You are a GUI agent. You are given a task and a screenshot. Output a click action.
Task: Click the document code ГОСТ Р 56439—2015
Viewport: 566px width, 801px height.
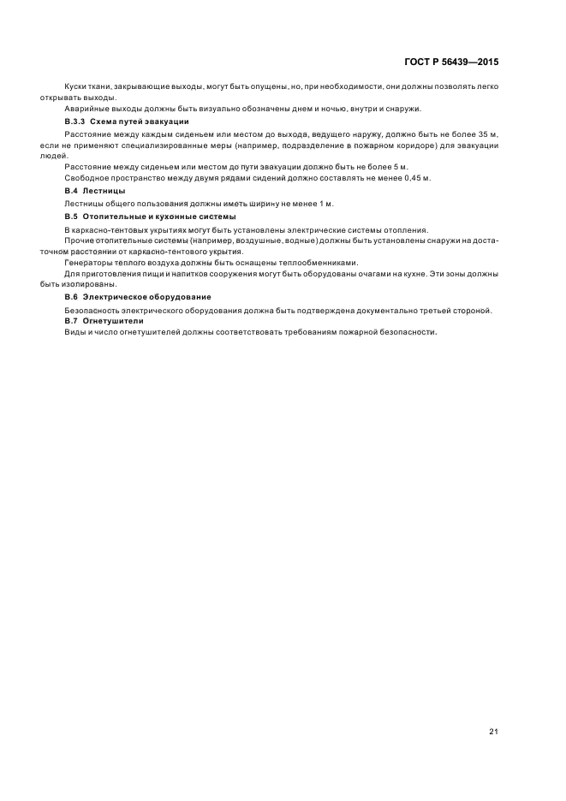[x=451, y=62]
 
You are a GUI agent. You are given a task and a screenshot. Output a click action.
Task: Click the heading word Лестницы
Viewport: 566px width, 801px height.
[x=108, y=191]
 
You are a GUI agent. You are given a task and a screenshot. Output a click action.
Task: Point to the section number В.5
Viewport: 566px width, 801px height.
[x=71, y=217]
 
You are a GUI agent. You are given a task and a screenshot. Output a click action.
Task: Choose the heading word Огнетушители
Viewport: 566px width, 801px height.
[x=116, y=320]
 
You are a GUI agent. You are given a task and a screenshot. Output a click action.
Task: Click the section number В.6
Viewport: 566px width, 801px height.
[x=71, y=296]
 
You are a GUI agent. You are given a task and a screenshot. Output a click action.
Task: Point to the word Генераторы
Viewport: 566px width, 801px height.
[x=88, y=262]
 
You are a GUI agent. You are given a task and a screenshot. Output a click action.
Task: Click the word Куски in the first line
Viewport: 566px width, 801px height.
[x=76, y=86]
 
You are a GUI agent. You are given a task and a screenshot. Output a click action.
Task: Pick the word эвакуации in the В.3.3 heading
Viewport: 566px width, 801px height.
[x=168, y=122]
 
